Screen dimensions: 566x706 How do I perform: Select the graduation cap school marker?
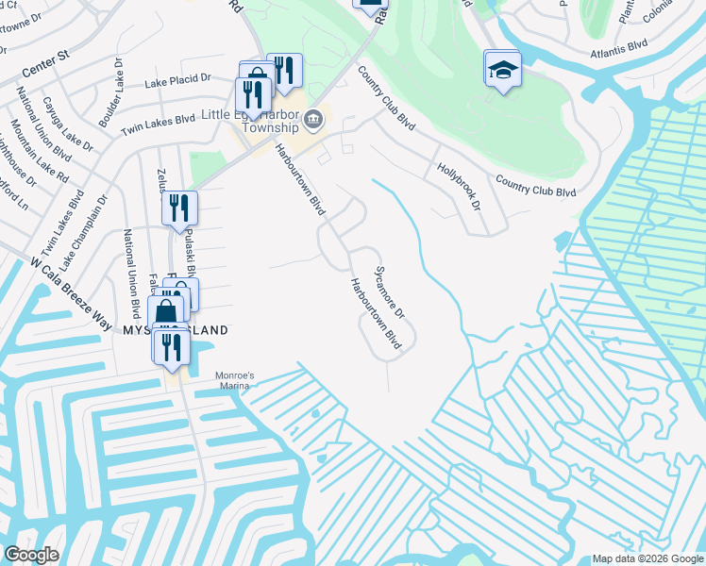click(503, 69)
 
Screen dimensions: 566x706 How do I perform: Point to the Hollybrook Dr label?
click(459, 186)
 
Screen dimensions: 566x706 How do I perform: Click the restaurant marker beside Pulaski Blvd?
click(178, 208)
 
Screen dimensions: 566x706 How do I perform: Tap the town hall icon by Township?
click(314, 119)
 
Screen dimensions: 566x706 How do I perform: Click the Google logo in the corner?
click(31, 555)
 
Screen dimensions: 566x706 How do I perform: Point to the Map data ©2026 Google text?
click(647, 558)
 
